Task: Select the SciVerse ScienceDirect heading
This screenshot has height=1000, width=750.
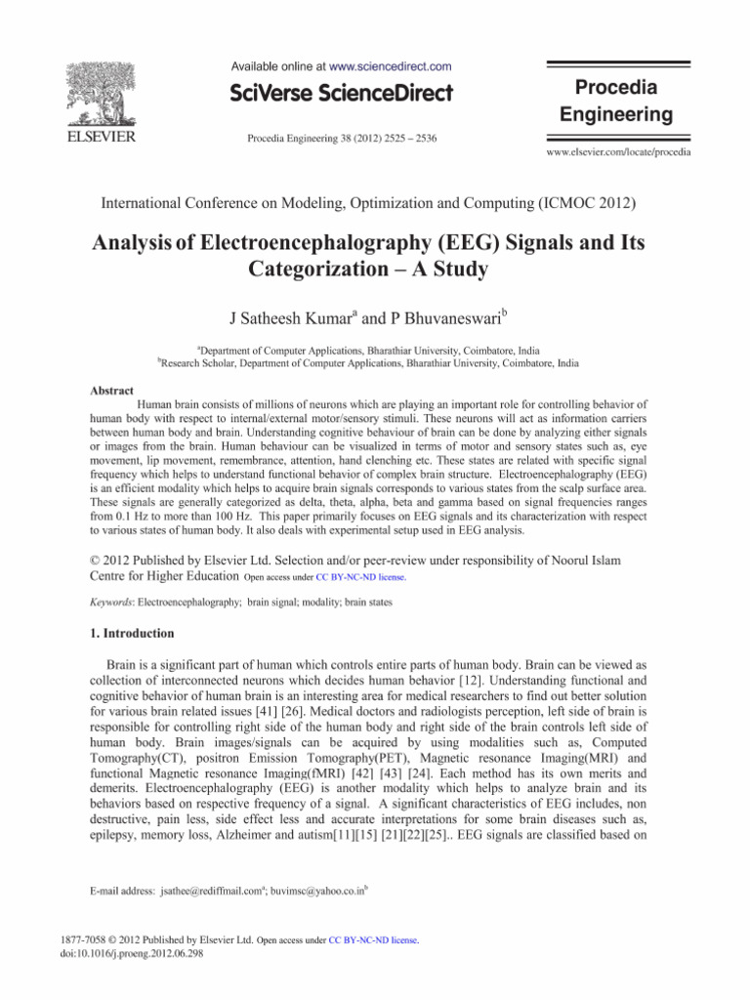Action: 342,94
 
